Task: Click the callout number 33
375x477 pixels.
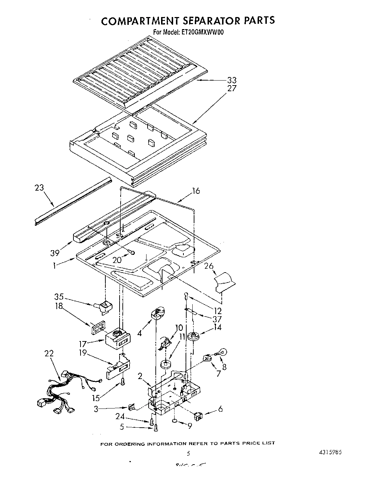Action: click(232, 80)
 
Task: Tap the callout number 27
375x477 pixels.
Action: click(232, 88)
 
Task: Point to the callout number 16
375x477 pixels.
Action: click(195, 191)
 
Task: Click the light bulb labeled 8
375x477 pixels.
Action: click(223, 352)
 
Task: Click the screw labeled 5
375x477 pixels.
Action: click(155, 428)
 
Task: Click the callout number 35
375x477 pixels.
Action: click(59, 297)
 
